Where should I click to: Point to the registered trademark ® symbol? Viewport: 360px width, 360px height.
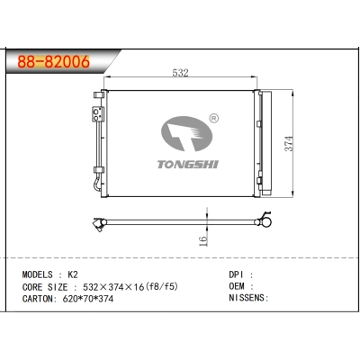213,118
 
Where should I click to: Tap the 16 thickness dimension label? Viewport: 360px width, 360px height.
204,239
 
